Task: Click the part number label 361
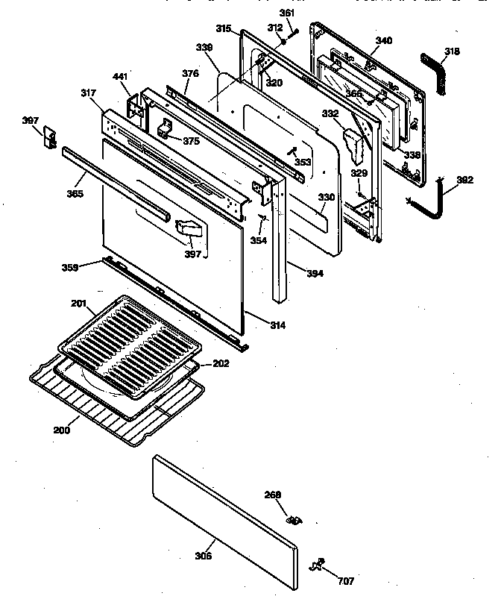point(287,13)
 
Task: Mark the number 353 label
point(303,162)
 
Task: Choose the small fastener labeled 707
point(319,565)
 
